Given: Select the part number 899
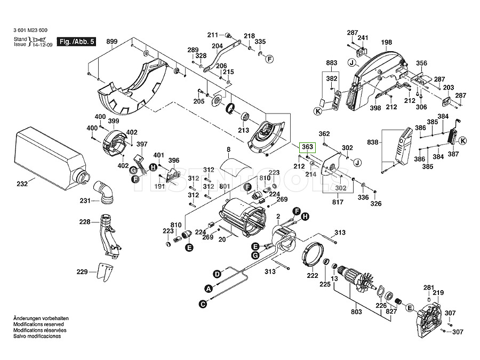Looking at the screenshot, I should point(111,41).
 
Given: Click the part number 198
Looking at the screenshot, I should point(387,42).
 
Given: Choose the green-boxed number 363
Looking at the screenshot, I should point(307,147).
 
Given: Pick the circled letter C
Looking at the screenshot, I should point(203,304).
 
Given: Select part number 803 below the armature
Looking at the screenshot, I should point(356,311).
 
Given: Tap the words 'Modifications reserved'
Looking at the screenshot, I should point(38,324).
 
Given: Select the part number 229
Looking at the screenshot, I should point(82,272).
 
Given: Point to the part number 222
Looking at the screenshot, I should point(312,276).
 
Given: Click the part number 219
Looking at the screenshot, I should point(438,293).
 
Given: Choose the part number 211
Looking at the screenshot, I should point(213,36).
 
